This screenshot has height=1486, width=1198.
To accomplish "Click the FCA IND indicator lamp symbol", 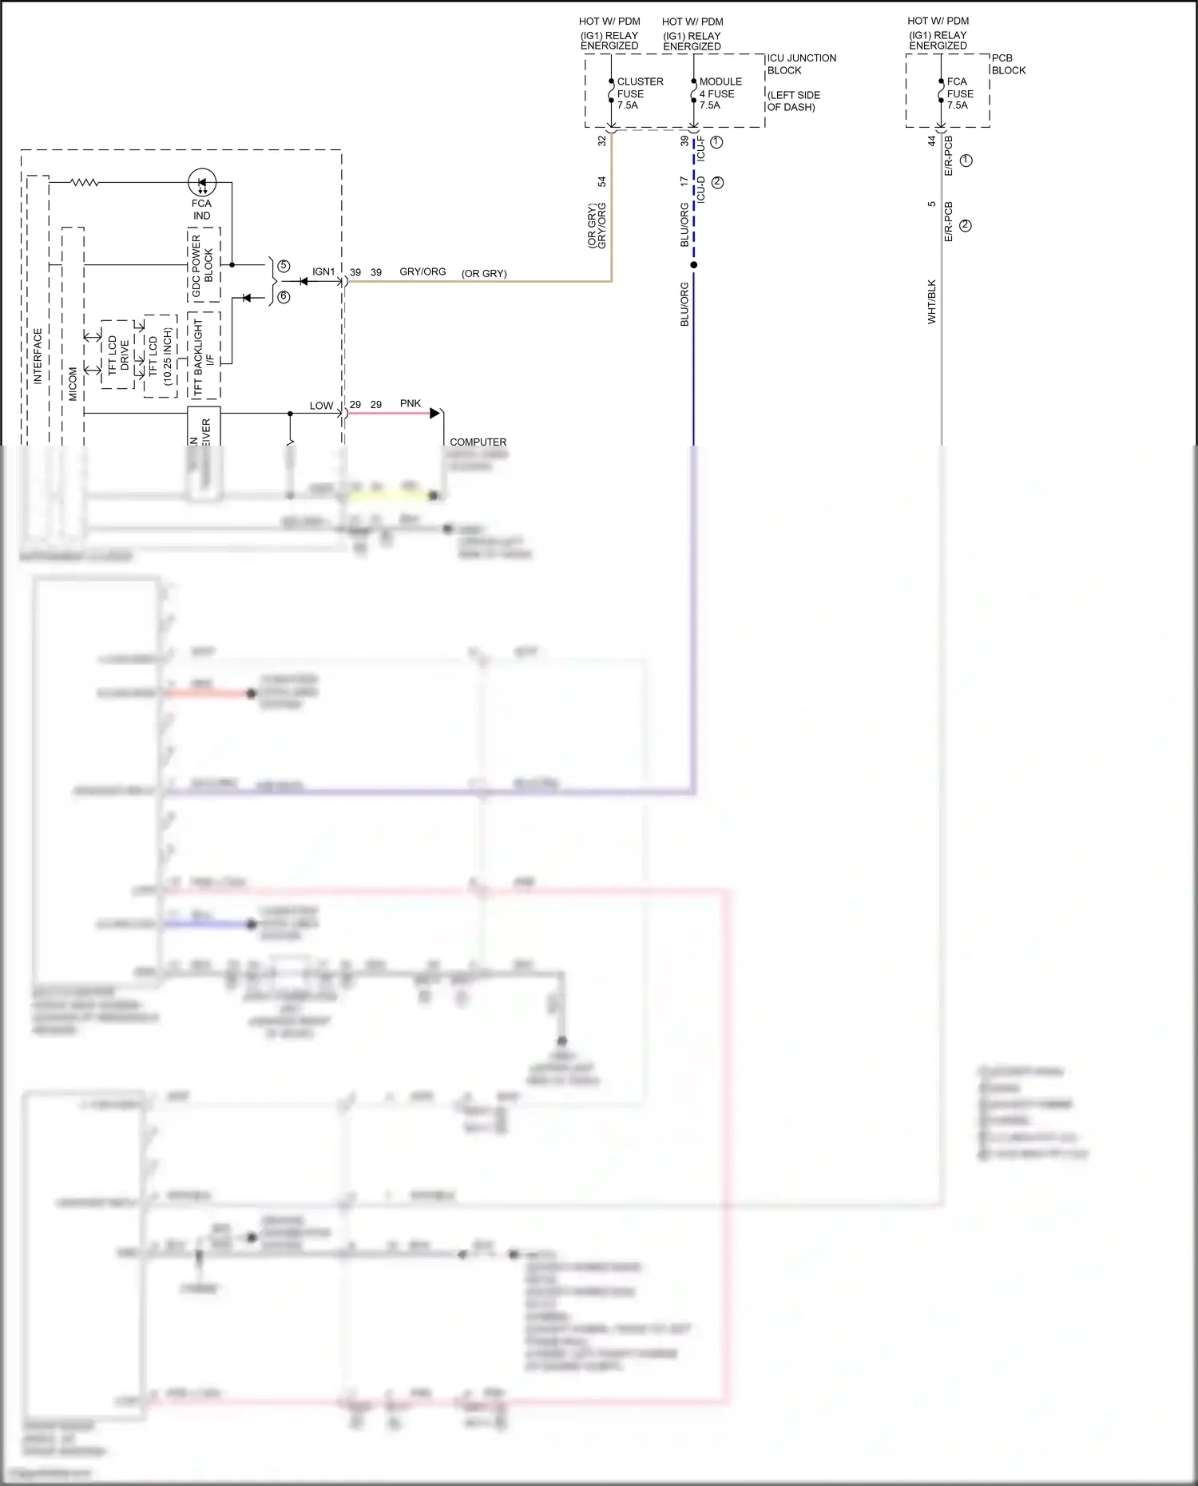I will [x=202, y=183].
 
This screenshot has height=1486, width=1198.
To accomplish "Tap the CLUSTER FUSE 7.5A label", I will [x=639, y=93].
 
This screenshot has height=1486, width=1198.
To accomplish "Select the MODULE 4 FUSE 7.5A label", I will [x=720, y=93].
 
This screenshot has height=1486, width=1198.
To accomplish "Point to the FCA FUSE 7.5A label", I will [x=959, y=93].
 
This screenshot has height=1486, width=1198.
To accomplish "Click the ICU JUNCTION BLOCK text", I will [x=801, y=64].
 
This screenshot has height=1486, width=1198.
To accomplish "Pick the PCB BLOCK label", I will [x=1008, y=64].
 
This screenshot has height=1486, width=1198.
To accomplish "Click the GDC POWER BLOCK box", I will [x=204, y=265].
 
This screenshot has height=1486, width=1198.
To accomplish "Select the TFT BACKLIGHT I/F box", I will [x=204, y=355].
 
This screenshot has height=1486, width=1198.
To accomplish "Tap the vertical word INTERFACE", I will [x=38, y=356].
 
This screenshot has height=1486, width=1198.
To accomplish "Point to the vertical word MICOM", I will [x=73, y=383].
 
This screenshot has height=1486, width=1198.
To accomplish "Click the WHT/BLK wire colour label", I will [x=931, y=302].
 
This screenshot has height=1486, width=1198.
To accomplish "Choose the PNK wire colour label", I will [x=411, y=404].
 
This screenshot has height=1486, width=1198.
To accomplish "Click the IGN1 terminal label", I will [x=323, y=272].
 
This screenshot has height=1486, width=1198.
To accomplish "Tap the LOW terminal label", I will [x=321, y=406].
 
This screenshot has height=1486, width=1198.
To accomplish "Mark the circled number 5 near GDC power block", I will [x=284, y=266].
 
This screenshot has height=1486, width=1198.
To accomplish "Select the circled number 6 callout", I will [x=284, y=297].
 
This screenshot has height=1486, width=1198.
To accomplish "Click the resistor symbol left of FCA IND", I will [x=85, y=183].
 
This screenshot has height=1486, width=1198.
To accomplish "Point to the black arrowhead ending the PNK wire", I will [x=435, y=414].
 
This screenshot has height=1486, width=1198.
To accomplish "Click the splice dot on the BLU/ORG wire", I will [x=694, y=265].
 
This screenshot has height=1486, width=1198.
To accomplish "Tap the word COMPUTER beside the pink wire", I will [x=478, y=442].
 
